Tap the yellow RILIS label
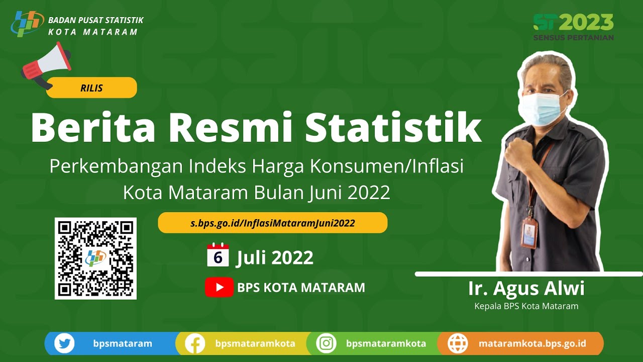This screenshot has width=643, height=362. pos(91,88)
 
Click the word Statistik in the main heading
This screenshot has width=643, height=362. pos(393,127)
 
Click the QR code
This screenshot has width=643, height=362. pos(95,258)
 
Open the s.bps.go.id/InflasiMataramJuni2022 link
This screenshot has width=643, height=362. pos(272,223)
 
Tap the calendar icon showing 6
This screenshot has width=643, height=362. pos(218,255)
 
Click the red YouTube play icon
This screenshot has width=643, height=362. pos(219,287)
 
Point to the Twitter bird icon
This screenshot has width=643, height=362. pos(64,344)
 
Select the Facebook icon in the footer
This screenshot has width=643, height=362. pos(195,344)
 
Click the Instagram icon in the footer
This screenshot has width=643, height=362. pos(327,344)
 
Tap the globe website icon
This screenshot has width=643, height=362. pos(458,344)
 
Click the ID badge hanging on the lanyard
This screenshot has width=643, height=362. pos(529,233)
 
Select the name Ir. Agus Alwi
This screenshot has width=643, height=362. pos(526,289)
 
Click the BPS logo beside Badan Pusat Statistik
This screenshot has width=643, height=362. pos(27,24)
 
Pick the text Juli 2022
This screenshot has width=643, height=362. pos(275,257)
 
